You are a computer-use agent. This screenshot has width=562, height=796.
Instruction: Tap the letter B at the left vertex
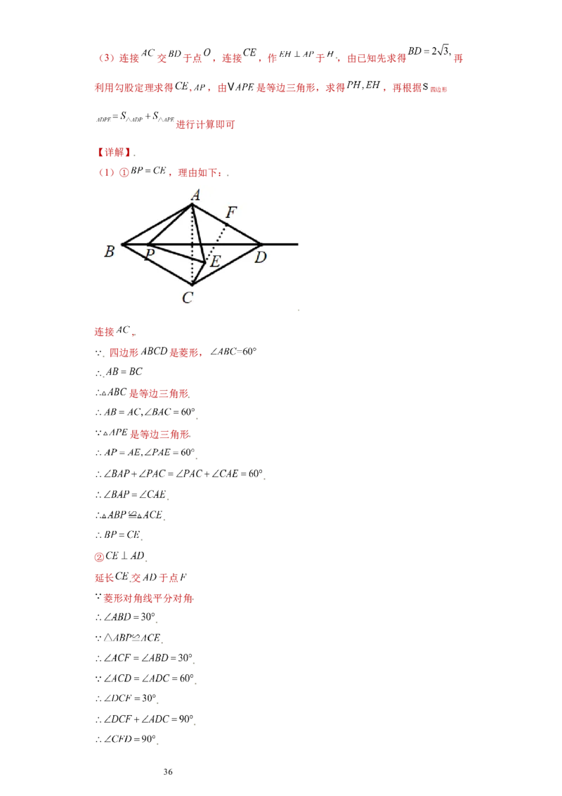pyautogui.click(x=110, y=252)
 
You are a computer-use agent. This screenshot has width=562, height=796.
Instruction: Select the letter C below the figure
pyautogui.click(x=188, y=298)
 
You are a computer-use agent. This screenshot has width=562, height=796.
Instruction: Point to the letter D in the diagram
pyautogui.click(x=261, y=257)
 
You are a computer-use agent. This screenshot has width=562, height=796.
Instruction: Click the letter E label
pyautogui.click(x=216, y=262)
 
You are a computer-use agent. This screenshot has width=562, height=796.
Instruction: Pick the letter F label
pyautogui.click(x=230, y=212)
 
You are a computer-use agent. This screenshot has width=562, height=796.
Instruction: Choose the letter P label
pyautogui.click(x=150, y=255)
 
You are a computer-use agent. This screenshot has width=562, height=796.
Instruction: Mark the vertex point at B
pyautogui.click(x=122, y=245)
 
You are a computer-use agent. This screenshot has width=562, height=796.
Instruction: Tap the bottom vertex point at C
pyautogui.click(x=192, y=284)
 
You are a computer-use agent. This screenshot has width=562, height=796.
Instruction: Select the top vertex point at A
pyautogui.click(x=192, y=205)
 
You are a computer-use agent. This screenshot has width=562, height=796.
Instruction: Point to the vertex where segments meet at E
pyautogui.click(x=205, y=263)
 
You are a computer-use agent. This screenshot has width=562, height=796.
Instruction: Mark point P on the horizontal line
pyautogui.click(x=147, y=245)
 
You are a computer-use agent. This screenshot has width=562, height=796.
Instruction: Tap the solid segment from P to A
pyautogui.click(x=169, y=225)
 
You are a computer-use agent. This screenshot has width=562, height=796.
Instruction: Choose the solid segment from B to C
pyautogui.click(x=157, y=264)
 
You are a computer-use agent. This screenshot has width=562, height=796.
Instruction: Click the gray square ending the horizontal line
pyautogui.click(x=301, y=245)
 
